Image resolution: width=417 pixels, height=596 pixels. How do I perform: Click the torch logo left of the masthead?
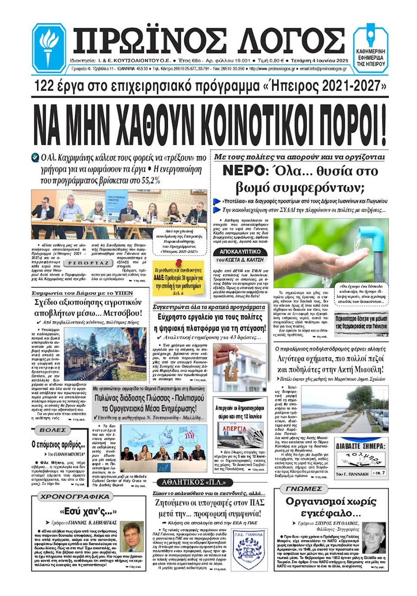[49, 47]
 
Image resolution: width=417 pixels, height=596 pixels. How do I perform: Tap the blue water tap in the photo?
[370, 236]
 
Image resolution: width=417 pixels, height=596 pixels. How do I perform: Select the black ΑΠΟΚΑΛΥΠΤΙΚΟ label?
[240, 252]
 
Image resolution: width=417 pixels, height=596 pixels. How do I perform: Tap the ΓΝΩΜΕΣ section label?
[304, 489]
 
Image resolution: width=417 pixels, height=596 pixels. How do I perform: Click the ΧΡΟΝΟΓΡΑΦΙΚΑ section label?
[75, 496]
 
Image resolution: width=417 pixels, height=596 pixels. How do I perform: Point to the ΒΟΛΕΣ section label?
[53, 430]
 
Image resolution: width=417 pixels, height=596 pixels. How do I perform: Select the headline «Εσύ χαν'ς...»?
[88, 511]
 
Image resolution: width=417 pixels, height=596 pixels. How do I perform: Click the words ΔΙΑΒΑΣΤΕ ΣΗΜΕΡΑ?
[361, 446]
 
